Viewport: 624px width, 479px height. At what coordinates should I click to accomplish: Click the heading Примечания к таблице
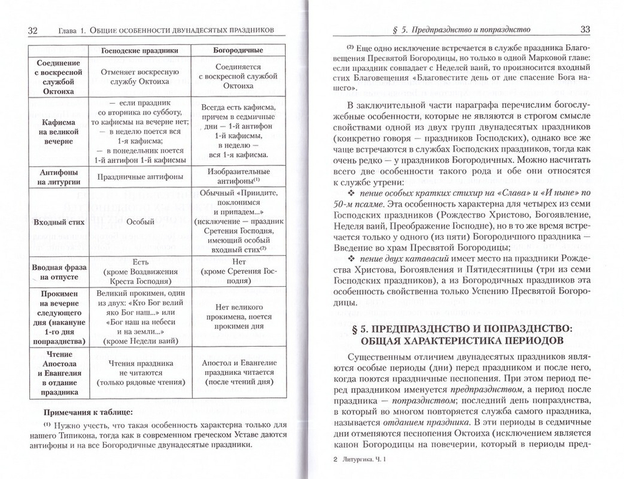click(93, 412)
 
